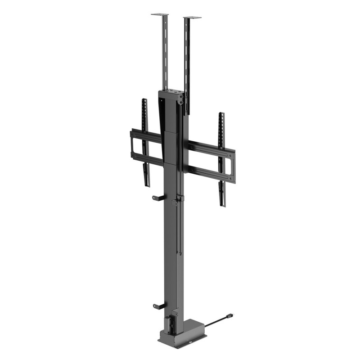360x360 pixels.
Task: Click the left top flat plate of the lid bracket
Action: coord(159,15)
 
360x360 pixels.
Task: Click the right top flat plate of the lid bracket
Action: coord(192,18)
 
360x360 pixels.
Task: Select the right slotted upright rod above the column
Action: coord(186,63)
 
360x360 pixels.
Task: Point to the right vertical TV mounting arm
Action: coord(221,153)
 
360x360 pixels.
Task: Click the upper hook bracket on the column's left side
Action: coord(157,198)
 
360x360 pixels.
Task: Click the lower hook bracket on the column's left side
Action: coord(158,306)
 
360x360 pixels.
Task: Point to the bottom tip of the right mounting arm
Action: coord(222,204)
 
